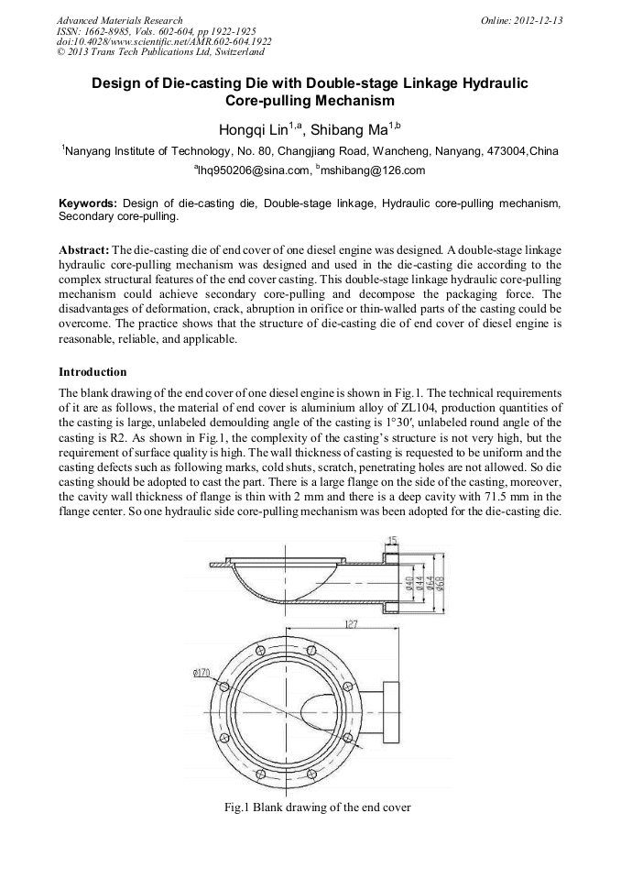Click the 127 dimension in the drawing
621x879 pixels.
click(352, 623)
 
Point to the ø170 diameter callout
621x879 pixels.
click(202, 672)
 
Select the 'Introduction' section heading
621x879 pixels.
click(93, 372)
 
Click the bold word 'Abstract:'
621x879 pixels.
click(83, 249)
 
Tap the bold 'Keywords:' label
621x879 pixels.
click(88, 203)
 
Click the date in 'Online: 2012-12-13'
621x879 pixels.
click(539, 19)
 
